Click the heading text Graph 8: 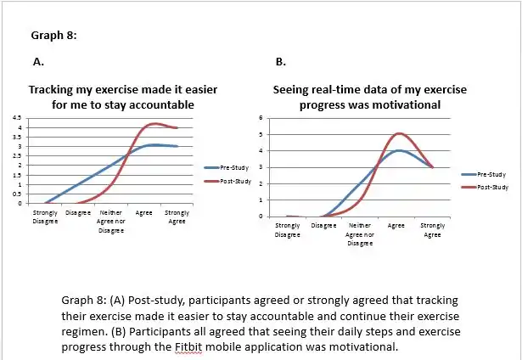(x=54, y=35)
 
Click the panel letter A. (x=38, y=62)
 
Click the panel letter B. (x=281, y=62)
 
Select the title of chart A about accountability (x=111, y=97)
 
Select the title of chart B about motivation (x=369, y=97)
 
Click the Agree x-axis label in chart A (x=144, y=212)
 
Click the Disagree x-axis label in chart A (x=78, y=212)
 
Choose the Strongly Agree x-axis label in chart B (x=433, y=230)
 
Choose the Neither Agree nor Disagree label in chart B (x=360, y=234)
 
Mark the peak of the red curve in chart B (x=397, y=133)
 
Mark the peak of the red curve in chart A (x=153, y=124)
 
